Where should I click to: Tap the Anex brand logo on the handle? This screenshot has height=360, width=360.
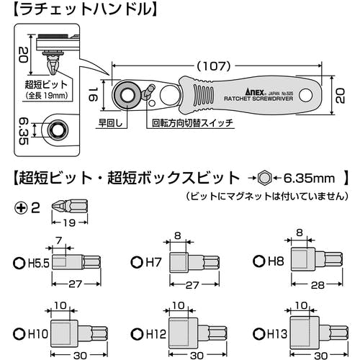coord(255,91)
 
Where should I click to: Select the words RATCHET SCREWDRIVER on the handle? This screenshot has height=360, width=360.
coord(258,99)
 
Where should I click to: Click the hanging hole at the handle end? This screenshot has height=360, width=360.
coord(306,96)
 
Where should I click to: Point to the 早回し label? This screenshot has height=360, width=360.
coord(111,123)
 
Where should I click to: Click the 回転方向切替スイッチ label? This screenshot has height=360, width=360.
coord(192,123)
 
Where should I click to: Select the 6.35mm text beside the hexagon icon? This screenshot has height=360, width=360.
coord(309,178)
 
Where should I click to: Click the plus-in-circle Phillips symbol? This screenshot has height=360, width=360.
coord(21,208)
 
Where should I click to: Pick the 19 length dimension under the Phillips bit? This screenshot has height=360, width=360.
coord(70,223)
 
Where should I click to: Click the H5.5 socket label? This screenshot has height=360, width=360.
coord(38,264)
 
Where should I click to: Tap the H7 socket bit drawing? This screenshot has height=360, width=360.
coord(194,262)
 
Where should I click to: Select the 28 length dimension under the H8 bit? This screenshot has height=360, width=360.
coord(318,285)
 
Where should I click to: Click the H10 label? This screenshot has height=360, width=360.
coord(38,333)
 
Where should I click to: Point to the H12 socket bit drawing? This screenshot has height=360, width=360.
coord(198,333)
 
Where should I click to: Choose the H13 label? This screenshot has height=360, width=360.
coord(277,333)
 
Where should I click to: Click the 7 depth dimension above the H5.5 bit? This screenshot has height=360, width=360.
coord(59,240)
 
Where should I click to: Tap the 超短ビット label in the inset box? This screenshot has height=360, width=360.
coord(46,85)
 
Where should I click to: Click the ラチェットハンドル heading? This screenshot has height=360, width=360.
coord(86,10)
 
